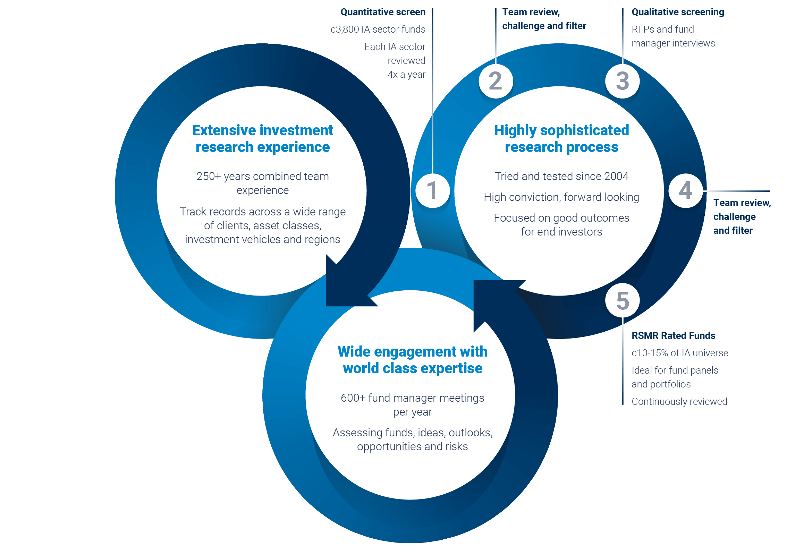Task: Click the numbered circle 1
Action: point(433,191)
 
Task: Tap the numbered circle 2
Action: point(496,81)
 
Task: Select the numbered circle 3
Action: point(622,81)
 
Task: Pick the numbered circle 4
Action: point(686,191)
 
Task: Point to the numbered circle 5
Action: point(622,300)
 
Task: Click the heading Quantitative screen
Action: point(383,12)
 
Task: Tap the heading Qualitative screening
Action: point(677,12)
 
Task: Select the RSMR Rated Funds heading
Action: point(673,336)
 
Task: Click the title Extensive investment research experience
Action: point(262,139)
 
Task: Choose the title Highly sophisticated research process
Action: point(561,139)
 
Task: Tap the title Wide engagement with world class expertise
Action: point(412,360)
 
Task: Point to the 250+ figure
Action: point(209,176)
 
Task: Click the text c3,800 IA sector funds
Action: point(378,29)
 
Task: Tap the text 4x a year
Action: point(406,74)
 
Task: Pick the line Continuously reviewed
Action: point(679,402)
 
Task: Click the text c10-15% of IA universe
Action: point(679,353)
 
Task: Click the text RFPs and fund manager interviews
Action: point(673,36)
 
